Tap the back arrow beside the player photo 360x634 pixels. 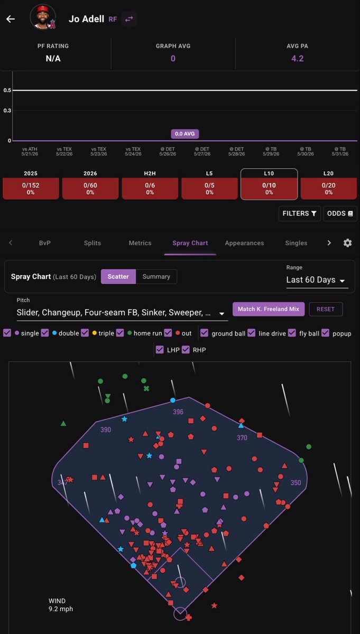11,19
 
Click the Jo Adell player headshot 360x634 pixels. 43,17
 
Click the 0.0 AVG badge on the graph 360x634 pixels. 184,134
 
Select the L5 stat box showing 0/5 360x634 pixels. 209,188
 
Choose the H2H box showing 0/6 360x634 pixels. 150,188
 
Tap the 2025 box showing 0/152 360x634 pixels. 31,188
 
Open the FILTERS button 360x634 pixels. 299,213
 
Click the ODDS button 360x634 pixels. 340,213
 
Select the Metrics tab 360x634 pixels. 140,243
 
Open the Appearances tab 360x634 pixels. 244,243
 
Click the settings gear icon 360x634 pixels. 347,243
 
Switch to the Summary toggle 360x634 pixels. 156,276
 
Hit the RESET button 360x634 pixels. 326,309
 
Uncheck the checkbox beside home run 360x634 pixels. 120,333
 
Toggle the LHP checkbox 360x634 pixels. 160,350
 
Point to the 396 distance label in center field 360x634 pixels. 178,412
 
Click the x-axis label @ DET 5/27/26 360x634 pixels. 202,152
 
